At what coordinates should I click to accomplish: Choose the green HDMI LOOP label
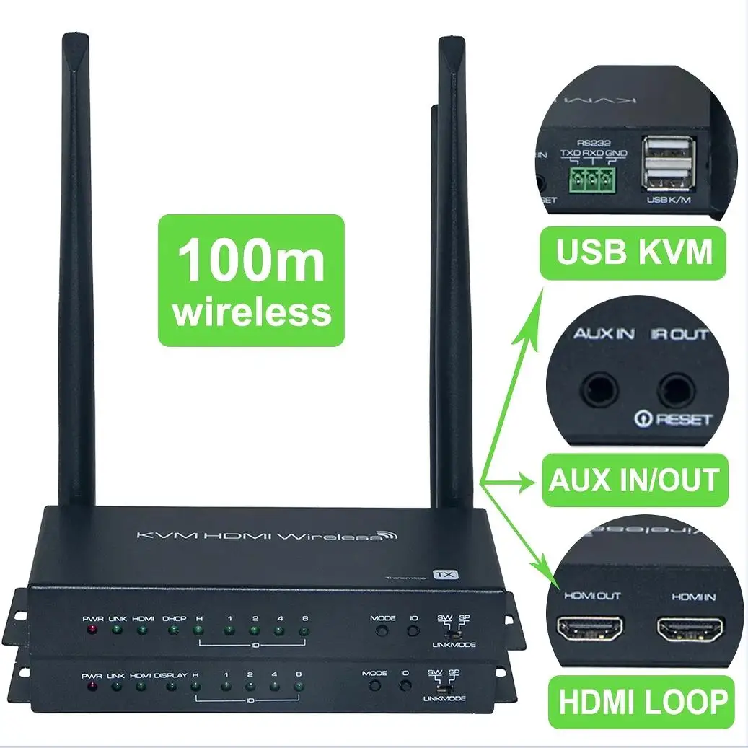[641, 700]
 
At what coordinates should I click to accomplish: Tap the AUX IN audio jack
[600, 390]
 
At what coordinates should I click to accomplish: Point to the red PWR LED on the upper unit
[92, 631]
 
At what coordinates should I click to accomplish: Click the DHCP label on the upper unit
[174, 618]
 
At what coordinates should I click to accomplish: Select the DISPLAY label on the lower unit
[170, 675]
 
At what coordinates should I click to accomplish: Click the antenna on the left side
[75, 274]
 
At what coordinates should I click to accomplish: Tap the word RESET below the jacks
[683, 419]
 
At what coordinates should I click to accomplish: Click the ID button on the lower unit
[405, 685]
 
